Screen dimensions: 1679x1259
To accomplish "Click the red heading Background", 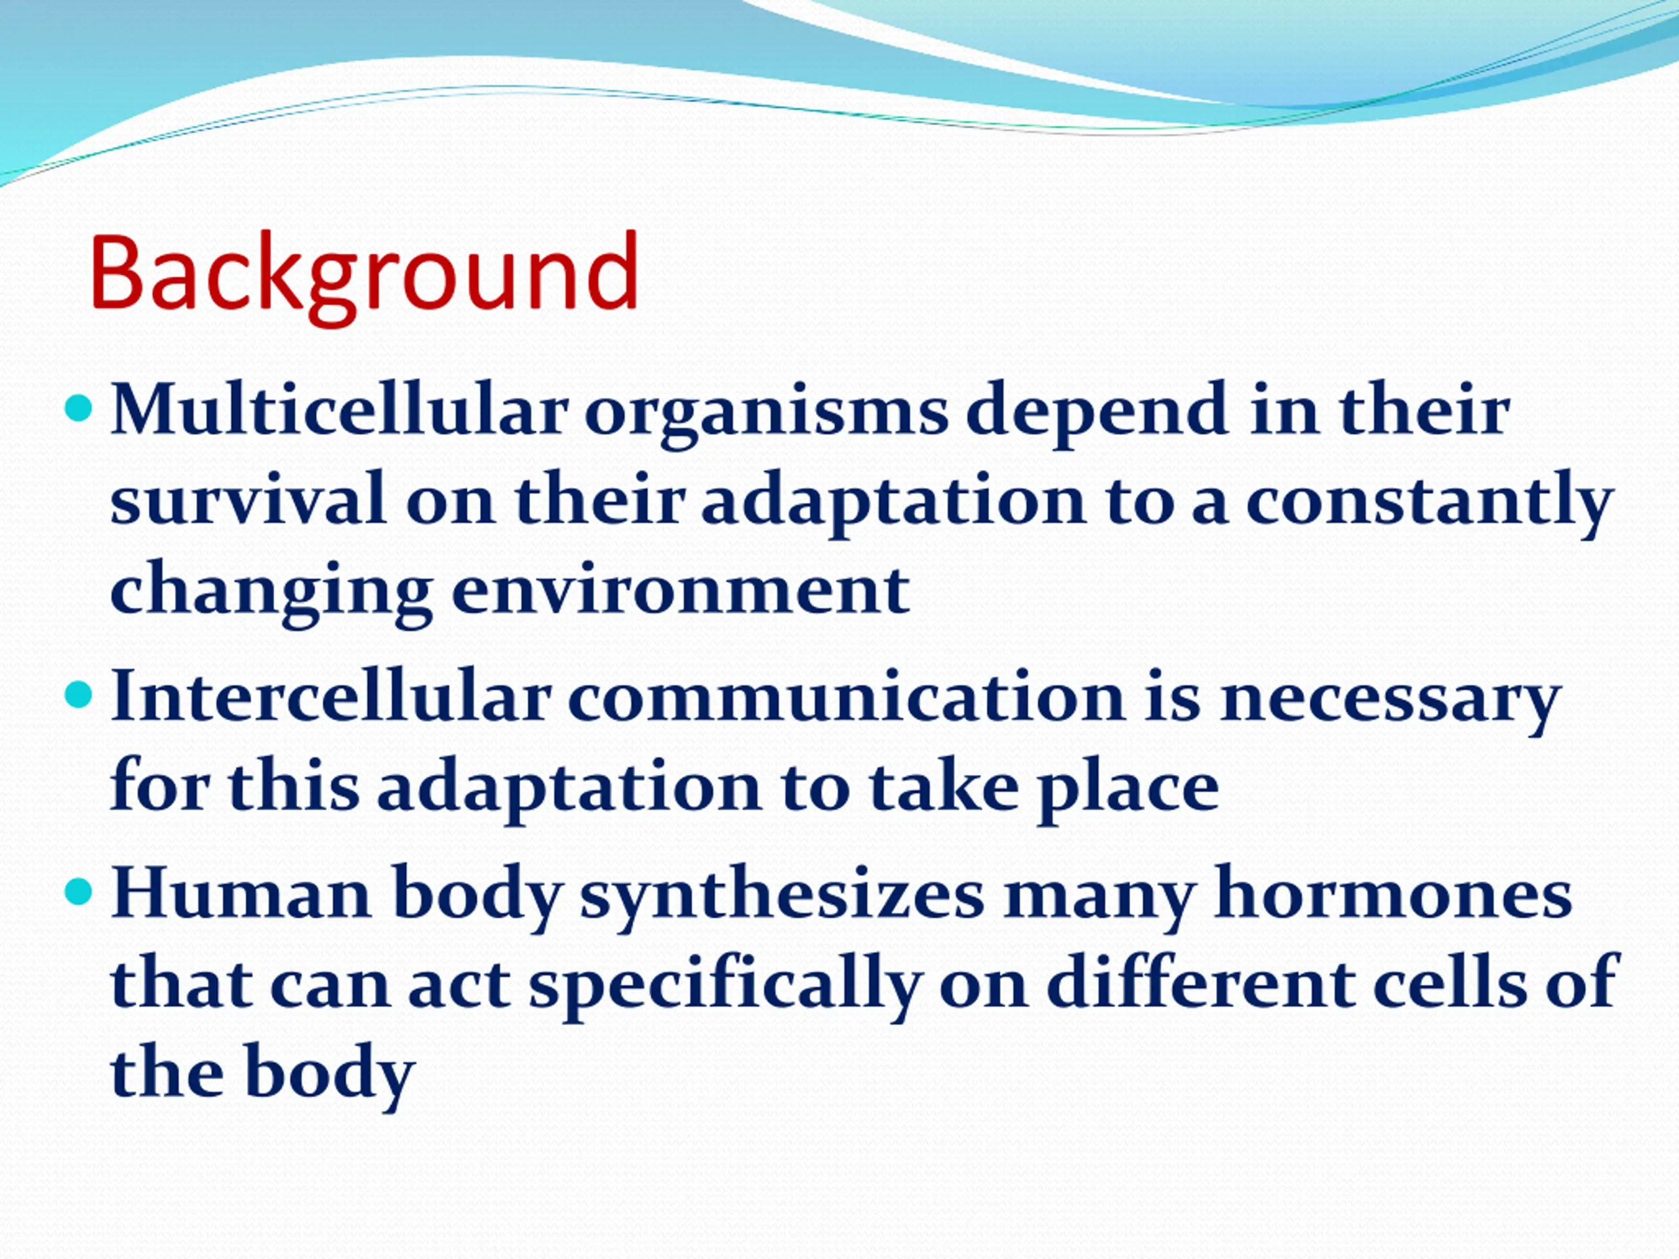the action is (365, 277).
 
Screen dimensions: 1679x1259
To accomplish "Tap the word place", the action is (1129, 790).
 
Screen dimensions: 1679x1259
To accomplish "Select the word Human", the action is (241, 894).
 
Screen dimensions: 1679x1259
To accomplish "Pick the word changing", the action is (272, 593).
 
